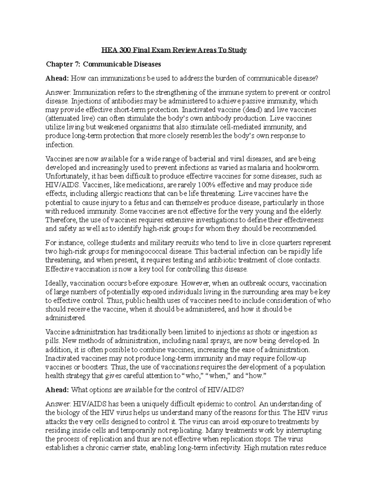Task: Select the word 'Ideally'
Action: point(56,284)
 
